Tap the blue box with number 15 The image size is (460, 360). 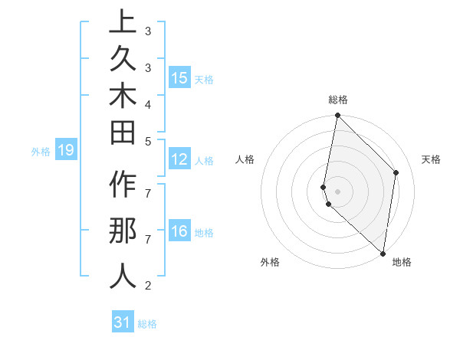(179, 78)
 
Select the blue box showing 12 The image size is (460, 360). (179, 160)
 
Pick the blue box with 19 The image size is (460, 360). (66, 150)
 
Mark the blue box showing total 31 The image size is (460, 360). (123, 322)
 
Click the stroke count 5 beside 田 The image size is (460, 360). (147, 141)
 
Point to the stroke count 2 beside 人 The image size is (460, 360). (147, 286)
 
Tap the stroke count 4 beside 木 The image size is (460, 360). (147, 103)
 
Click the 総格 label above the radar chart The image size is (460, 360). (338, 100)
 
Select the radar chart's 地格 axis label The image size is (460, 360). (402, 262)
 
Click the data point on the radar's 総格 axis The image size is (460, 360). (337, 116)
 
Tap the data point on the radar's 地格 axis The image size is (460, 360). (383, 254)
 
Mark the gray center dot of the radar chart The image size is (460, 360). (337, 191)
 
